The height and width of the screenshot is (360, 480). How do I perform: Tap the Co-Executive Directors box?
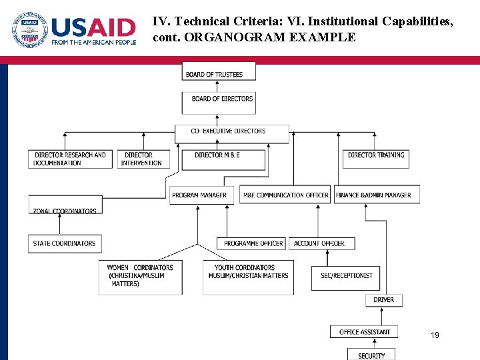pyautogui.click(x=232, y=133)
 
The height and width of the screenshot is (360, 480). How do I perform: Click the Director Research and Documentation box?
pyautogui.click(x=71, y=159)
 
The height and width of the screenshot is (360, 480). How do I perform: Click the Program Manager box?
pyautogui.click(x=200, y=195)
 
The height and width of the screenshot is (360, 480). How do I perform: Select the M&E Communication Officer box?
pyautogui.click(x=285, y=195)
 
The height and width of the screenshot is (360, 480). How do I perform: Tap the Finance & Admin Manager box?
pyautogui.click(x=377, y=195)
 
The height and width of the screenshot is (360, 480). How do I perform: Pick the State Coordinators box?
pyautogui.click(x=64, y=243)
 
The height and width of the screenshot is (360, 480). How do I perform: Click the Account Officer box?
pyautogui.click(x=319, y=243)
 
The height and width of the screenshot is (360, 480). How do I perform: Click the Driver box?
pyautogui.click(x=384, y=300)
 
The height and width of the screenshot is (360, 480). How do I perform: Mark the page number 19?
pyautogui.click(x=435, y=335)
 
